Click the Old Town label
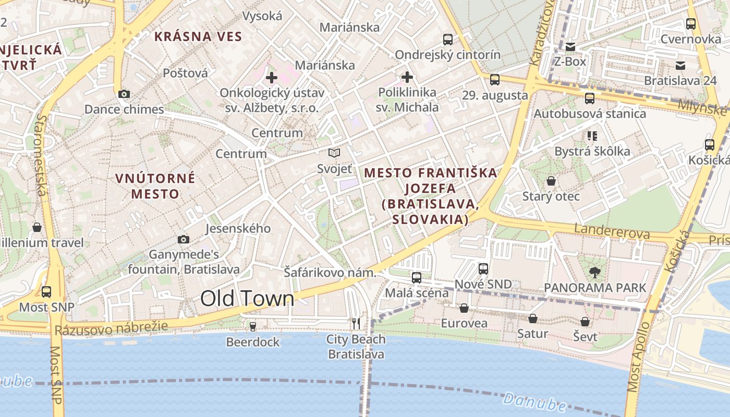(247, 299)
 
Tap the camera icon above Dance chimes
(124, 94)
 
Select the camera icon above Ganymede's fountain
(184, 239)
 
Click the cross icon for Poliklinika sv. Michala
(407, 78)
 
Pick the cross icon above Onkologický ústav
(271, 78)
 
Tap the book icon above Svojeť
(334, 153)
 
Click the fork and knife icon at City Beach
(356, 324)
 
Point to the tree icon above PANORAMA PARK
(594, 272)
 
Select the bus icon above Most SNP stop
(46, 292)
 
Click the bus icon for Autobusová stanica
(590, 98)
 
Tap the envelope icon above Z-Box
(570, 47)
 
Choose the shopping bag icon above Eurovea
(464, 308)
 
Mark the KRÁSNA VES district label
(198, 36)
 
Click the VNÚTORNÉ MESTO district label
(155, 186)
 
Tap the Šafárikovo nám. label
(330, 273)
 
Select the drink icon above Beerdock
(253, 326)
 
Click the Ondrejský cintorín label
(447, 55)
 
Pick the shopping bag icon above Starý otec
(551, 181)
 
